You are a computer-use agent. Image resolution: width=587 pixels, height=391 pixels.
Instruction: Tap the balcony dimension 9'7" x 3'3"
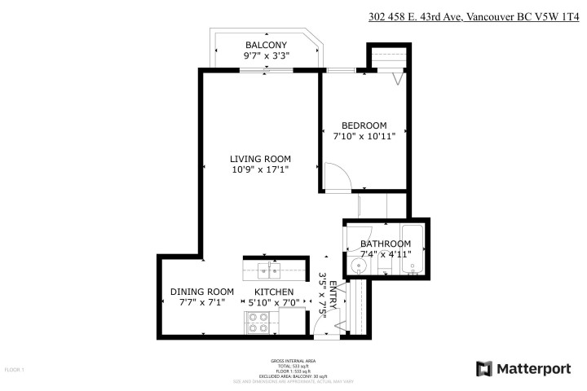[266, 56]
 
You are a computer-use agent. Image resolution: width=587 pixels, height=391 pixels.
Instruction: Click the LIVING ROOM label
[260, 159]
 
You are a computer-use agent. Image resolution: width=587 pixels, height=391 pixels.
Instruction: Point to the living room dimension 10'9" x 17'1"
[260, 170]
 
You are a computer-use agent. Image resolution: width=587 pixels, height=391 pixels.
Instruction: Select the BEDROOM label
[364, 125]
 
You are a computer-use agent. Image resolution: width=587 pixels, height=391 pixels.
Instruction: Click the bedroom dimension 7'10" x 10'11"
[364, 136]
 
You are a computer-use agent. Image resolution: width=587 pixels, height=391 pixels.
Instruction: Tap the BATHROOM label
[386, 244]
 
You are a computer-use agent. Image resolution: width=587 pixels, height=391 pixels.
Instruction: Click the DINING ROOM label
[201, 292]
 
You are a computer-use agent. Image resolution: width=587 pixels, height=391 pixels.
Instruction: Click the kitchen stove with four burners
[258, 323]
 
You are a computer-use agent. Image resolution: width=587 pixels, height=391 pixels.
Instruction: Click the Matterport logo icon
[483, 368]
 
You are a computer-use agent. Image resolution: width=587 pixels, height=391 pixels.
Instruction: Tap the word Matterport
[533, 368]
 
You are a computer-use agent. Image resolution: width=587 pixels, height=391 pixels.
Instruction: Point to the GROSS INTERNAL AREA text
[293, 359]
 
